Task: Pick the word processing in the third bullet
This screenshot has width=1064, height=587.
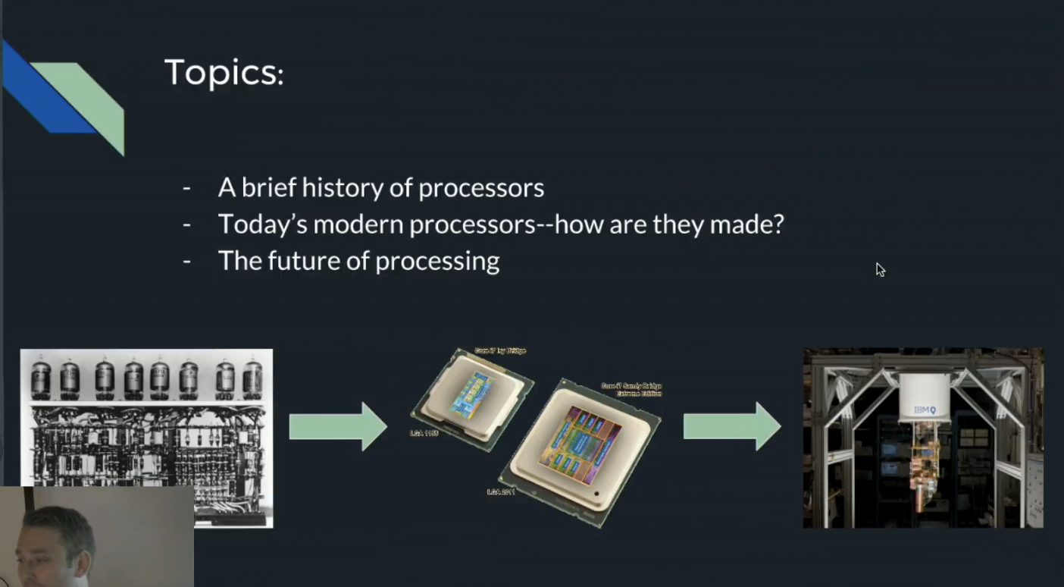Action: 437,262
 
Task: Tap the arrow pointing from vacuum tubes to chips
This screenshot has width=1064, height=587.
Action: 338,426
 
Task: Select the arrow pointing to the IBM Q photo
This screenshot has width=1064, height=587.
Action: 732,426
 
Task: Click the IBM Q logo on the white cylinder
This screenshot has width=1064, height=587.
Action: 925,410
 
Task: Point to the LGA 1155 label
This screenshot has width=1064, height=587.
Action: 424,433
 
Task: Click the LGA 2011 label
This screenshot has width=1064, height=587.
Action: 501,492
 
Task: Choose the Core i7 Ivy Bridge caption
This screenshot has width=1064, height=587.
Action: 500,350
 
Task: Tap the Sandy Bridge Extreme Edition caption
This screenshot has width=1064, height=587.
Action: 631,390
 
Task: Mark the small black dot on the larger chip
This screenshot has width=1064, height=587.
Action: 597,494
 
